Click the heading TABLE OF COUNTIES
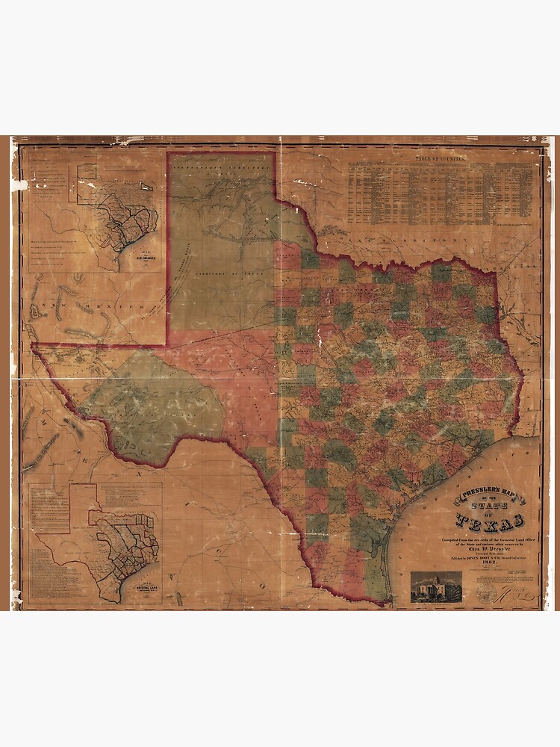[x=446, y=158]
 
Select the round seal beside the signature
[x=488, y=592]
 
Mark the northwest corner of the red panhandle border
[x=167, y=153]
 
